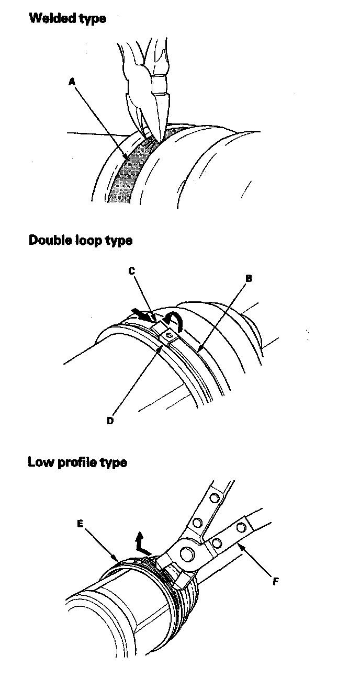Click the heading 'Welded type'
pos(67,18)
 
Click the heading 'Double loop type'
pos(80,240)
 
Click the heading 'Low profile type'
pos(77,462)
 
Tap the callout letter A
pos(72,81)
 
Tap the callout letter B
pos(249,278)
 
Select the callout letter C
pos(132,270)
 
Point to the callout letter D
pos(110,421)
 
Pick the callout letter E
pos(80,523)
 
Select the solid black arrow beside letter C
pos(142,314)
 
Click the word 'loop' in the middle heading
pos(85,241)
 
